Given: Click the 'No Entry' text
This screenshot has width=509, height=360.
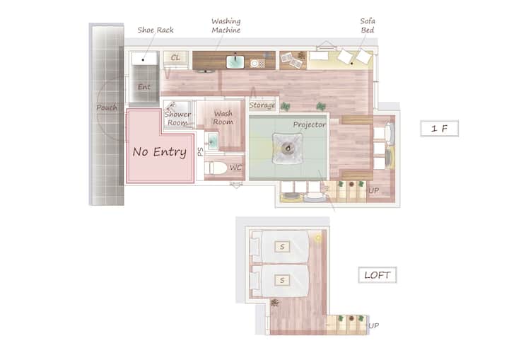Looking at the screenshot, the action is tap(159, 152).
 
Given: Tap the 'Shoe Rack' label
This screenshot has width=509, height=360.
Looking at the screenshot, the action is tap(156, 30).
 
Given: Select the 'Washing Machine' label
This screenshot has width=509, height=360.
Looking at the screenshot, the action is tap(226, 25).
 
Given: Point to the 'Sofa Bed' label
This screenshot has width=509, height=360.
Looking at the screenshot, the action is tap(368, 25).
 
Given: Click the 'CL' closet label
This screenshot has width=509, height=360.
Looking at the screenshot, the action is tap(175, 57).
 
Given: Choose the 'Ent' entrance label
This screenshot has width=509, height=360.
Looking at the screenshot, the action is tap(144, 87).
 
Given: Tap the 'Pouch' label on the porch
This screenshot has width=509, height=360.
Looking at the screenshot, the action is tap(107, 108).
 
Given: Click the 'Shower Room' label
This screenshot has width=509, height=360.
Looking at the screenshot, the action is tap(177, 118).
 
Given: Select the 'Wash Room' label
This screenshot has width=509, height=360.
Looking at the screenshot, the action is tap(223, 117).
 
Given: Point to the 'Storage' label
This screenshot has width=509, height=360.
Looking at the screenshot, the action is tap(262, 105).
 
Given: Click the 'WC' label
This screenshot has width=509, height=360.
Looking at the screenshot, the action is tap(235, 168).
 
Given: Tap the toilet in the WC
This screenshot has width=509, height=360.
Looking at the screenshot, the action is tap(216, 168).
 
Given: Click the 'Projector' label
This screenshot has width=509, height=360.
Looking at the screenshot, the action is tap(309, 124).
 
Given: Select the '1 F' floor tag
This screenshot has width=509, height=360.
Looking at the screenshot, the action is tap(439, 129).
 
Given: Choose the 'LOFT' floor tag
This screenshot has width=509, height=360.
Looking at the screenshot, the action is tap(378, 275).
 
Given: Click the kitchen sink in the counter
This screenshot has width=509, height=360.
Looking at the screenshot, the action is tap(235, 62).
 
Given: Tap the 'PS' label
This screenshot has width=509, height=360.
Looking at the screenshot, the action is tap(201, 151).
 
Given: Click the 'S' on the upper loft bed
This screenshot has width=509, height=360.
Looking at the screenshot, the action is tap(282, 247).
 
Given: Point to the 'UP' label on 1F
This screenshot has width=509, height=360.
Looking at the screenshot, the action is tap(374, 190).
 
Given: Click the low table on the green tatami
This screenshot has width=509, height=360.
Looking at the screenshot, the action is tap(288, 148).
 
